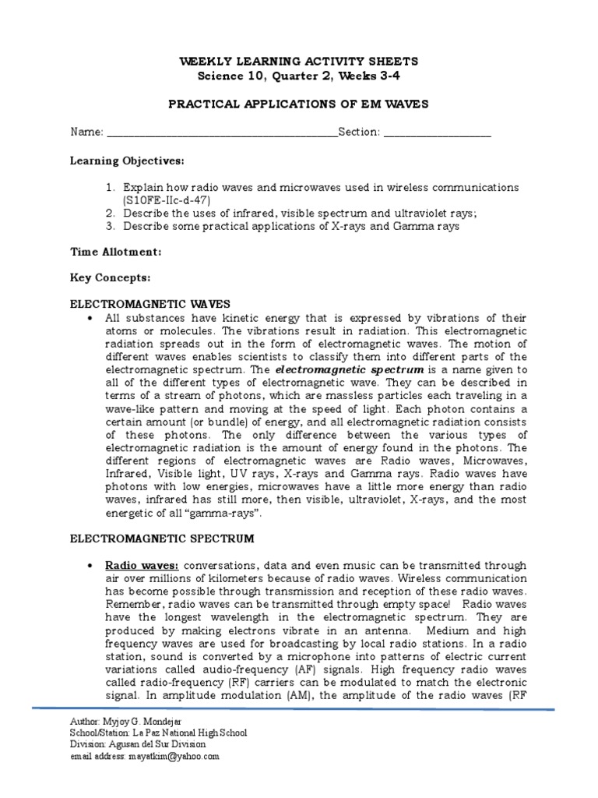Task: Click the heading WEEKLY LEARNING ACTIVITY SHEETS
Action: pos(298,61)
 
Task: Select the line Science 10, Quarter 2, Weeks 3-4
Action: pos(298,75)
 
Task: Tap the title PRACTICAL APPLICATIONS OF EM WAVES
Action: pos(298,104)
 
